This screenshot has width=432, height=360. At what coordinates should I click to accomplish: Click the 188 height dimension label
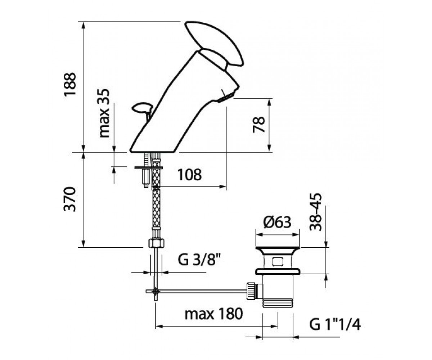pos(70,84)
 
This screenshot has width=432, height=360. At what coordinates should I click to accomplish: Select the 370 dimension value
pos(70,199)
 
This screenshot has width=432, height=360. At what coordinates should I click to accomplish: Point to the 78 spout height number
pos(259,125)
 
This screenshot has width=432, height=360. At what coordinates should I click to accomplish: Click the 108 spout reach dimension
pos(189,174)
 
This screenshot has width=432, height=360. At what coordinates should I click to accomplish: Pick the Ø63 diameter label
pos(277,222)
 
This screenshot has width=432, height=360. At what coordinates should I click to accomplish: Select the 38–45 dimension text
pos(315,212)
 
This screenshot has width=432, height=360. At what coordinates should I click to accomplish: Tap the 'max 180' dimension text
pos(213,314)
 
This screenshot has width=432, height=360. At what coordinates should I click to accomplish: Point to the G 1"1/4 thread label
pos(335,330)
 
